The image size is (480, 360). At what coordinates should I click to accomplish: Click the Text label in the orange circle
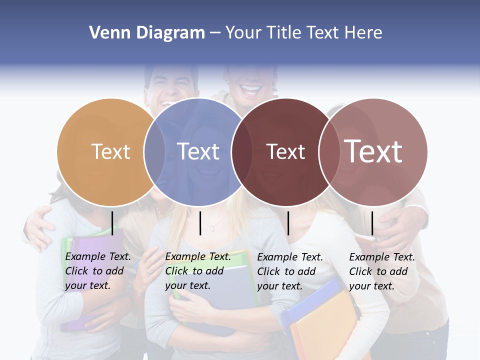pyautogui.click(x=111, y=151)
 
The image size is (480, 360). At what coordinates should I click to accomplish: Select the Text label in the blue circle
pyautogui.click(x=198, y=151)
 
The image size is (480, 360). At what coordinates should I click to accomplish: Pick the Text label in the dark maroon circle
pyautogui.click(x=286, y=151)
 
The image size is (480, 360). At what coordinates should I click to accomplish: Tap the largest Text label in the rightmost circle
pyautogui.click(x=373, y=151)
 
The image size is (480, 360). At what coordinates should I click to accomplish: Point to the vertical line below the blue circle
pyautogui.click(x=200, y=223)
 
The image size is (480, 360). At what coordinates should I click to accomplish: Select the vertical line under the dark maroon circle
pyautogui.click(x=288, y=223)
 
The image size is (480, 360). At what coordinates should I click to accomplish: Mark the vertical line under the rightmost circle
pyautogui.click(x=372, y=223)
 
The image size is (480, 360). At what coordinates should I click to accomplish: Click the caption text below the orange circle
pyautogui.click(x=98, y=271)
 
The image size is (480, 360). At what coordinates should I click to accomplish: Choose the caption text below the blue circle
pyautogui.click(x=198, y=271)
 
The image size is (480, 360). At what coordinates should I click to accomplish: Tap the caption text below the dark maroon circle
pyautogui.click(x=290, y=271)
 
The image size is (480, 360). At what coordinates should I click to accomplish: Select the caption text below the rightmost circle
pyautogui.click(x=382, y=271)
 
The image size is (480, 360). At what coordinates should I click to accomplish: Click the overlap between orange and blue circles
pyautogui.click(x=155, y=151)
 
